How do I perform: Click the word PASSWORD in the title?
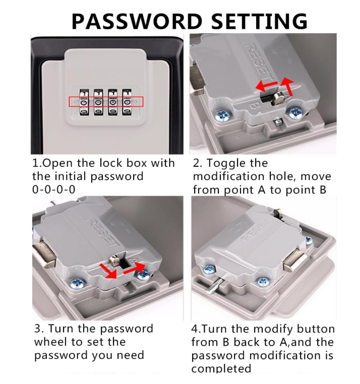click(137, 21)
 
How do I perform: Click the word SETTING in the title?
click(259, 21)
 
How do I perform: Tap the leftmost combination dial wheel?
click(84, 102)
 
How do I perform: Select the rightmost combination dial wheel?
click(127, 102)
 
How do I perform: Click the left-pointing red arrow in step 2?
click(266, 86)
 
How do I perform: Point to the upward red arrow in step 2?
click(287, 87)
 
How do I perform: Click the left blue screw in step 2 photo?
click(222, 114)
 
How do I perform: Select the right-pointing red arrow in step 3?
click(134, 269)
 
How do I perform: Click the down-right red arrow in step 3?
click(107, 271)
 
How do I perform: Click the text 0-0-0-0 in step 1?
click(53, 189)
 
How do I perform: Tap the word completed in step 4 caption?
click(221, 368)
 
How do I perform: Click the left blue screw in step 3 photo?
click(77, 284)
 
